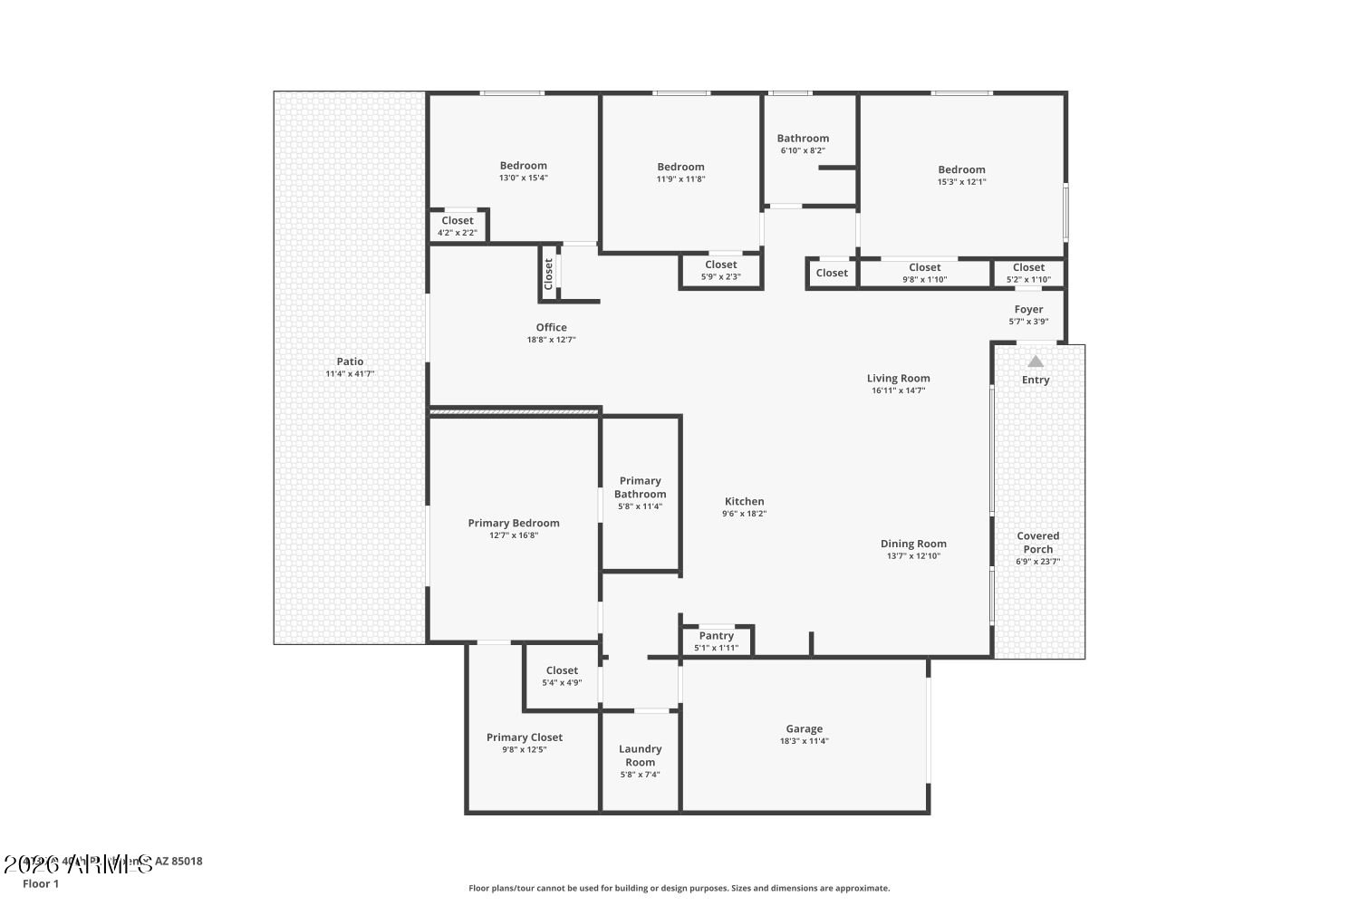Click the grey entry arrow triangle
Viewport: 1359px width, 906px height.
pos(1036,361)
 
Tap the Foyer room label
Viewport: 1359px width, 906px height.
pos(1028,310)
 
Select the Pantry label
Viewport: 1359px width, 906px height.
pos(716,636)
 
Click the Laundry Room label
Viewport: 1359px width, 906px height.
pos(640,756)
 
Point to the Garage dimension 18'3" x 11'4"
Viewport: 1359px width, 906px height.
pos(804,741)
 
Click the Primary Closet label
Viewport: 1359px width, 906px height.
pos(524,737)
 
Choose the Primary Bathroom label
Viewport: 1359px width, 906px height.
pos(640,487)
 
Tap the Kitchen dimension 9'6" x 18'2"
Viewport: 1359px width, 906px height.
pos(744,514)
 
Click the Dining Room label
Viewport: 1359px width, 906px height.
pos(913,545)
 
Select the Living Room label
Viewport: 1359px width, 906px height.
pos(898,379)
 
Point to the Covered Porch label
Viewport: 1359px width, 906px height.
pos(1037,543)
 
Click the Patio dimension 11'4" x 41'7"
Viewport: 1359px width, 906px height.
pos(350,374)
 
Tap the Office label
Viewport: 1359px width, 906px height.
pos(551,328)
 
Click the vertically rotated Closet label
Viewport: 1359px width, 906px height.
pos(548,274)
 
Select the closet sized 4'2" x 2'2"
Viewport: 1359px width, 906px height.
pos(458,226)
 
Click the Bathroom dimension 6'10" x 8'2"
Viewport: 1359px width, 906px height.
pos(803,151)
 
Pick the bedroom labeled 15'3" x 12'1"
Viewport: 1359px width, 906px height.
pos(961,175)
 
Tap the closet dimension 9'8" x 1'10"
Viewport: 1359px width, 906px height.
pos(924,280)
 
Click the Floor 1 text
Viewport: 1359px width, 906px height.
pos(41,883)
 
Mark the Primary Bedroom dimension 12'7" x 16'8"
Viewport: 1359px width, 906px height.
pos(513,535)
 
